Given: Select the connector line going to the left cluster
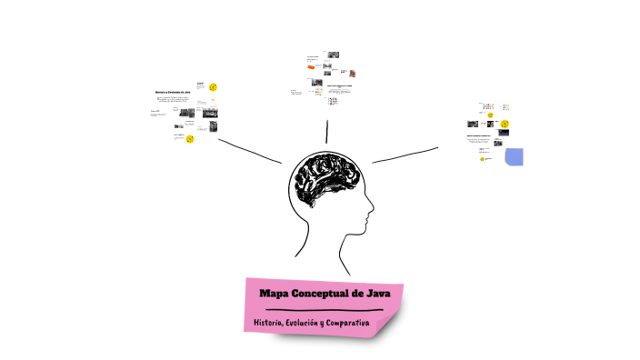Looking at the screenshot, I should pyautogui.click(x=250, y=150).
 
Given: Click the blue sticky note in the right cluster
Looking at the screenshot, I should pyautogui.click(x=514, y=156).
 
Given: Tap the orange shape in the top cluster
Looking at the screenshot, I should pyautogui.click(x=312, y=67).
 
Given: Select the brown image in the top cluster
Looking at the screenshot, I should pyautogui.click(x=352, y=73).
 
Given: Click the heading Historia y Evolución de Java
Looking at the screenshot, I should pyautogui.click(x=172, y=92).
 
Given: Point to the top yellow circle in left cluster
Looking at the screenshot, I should pyautogui.click(x=213, y=87).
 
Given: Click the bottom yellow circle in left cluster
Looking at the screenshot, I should pyautogui.click(x=190, y=139).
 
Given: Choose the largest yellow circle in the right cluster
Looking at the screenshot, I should pyautogui.click(x=505, y=124).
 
